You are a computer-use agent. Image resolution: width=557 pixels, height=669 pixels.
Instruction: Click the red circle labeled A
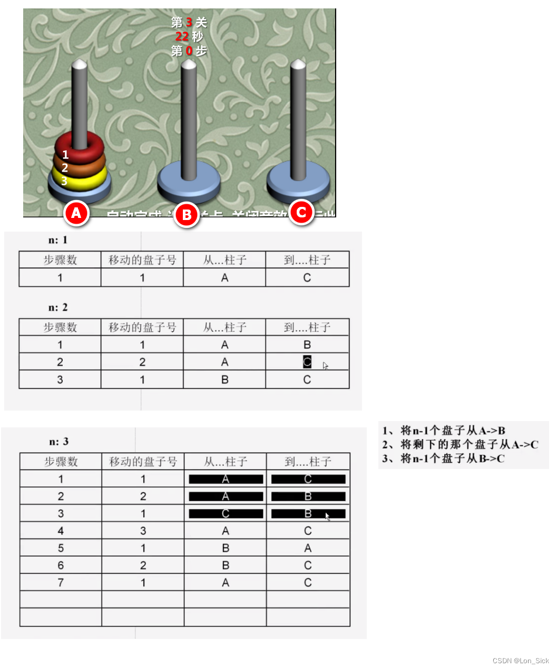click(x=76, y=213)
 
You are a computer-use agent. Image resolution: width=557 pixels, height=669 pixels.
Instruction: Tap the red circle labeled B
click(x=187, y=215)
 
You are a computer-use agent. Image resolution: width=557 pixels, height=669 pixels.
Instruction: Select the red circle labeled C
click(x=301, y=212)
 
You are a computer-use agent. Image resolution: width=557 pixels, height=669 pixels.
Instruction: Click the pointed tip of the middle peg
click(x=189, y=64)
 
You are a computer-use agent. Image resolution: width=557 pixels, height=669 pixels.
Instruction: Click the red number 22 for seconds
click(x=182, y=36)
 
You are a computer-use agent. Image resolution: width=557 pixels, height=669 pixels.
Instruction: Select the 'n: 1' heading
click(x=58, y=240)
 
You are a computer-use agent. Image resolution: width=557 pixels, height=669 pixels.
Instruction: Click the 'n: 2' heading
click(x=58, y=307)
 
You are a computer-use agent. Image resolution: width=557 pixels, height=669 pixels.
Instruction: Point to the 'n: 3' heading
click(x=59, y=442)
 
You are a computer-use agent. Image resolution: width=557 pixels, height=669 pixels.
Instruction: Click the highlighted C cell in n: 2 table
click(x=307, y=362)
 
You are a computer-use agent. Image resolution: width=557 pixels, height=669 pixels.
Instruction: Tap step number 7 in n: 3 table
click(x=61, y=583)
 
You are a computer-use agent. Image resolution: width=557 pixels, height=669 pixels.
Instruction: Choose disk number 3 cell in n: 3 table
click(x=143, y=531)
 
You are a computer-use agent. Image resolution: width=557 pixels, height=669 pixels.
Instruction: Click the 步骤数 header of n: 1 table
click(x=60, y=260)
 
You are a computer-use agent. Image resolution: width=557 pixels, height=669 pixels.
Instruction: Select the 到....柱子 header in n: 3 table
click(x=308, y=462)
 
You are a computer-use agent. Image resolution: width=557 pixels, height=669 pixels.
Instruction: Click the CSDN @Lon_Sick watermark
click(x=521, y=661)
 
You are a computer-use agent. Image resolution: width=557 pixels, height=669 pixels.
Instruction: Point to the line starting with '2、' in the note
click(x=460, y=445)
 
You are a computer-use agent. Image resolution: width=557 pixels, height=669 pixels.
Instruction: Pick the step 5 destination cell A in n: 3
click(x=308, y=548)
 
